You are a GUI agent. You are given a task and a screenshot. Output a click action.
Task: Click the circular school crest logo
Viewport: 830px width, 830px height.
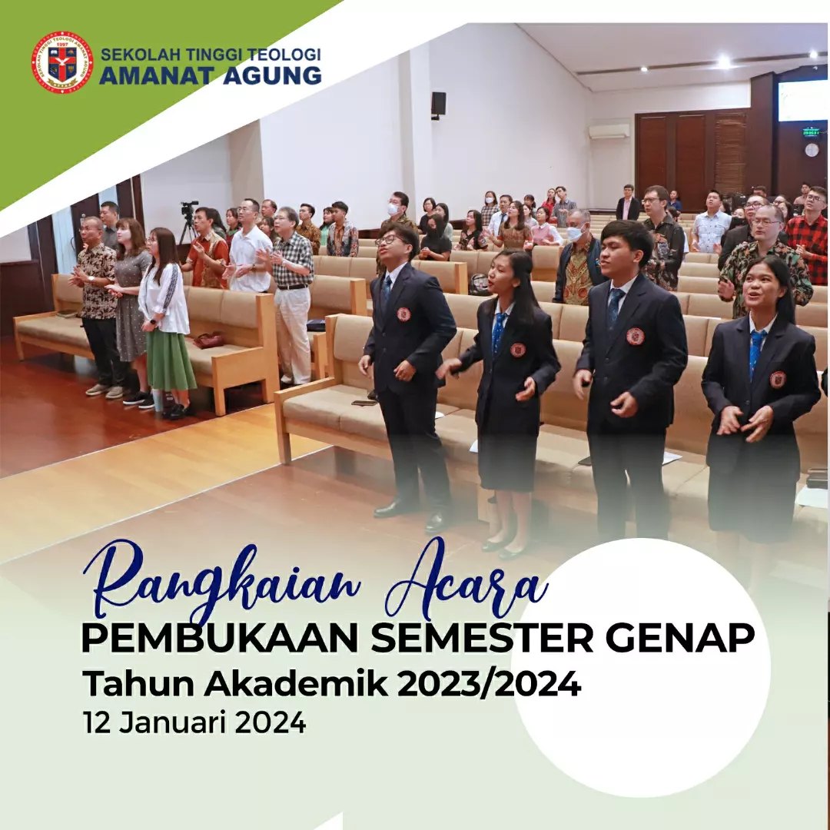pos(62,62)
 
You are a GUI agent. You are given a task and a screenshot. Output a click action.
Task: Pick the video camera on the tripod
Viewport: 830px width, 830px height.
pos(189,210)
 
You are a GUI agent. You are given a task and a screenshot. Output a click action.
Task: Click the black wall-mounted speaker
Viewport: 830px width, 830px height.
pos(438,104)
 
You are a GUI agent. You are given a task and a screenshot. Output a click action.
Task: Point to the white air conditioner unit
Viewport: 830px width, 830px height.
pos(609,131)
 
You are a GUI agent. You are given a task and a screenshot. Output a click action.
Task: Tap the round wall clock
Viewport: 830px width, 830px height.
pos(812,150)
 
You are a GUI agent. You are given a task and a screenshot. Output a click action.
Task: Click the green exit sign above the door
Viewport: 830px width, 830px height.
pos(811,132)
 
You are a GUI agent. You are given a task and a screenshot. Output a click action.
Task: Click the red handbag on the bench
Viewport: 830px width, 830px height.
pos(208,340)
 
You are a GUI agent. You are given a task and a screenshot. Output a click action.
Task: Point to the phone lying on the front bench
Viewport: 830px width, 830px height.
pos(364,403)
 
